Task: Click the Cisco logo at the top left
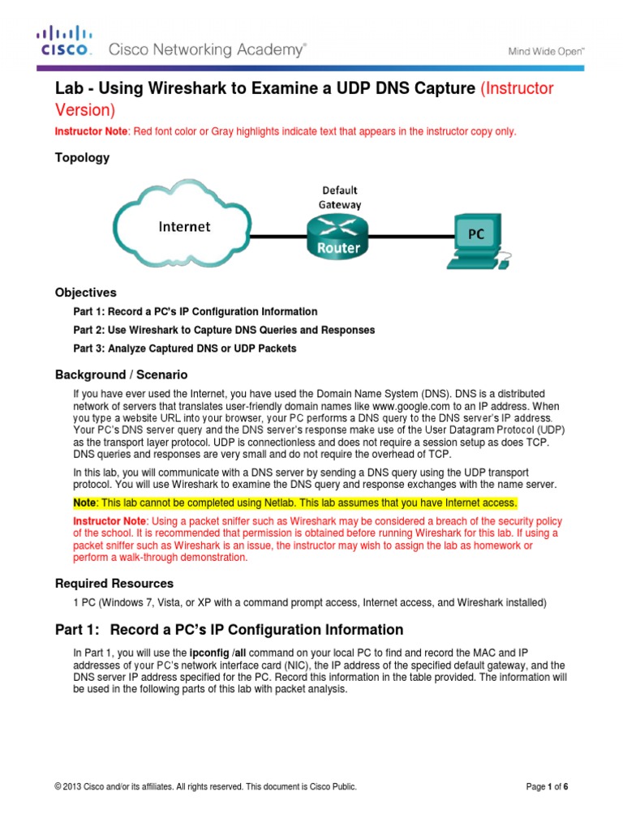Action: pyautogui.click(x=64, y=41)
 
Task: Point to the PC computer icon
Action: pyautogui.click(x=479, y=240)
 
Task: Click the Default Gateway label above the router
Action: pyautogui.click(x=339, y=197)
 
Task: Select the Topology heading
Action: pyautogui.click(x=81, y=158)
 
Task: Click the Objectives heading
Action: pyautogui.click(x=85, y=293)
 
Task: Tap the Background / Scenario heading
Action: pyautogui.click(x=121, y=374)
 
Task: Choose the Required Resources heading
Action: pyautogui.click(x=114, y=584)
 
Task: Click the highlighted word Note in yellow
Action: pyautogui.click(x=86, y=503)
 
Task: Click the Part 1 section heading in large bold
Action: pyautogui.click(x=229, y=630)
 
